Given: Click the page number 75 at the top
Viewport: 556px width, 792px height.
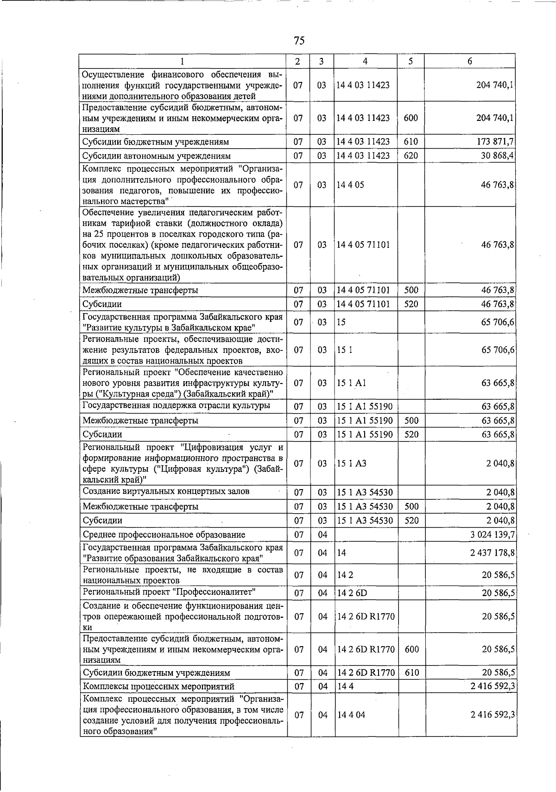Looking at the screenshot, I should [x=299, y=41].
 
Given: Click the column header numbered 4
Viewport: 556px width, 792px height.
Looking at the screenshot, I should [x=366, y=61].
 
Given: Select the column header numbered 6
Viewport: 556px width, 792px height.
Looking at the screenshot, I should [x=470, y=61].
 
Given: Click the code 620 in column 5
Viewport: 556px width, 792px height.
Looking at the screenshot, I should [x=411, y=156].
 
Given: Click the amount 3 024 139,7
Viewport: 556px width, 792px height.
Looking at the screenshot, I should [x=492, y=534].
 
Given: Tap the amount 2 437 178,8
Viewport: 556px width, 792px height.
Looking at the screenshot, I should [x=492, y=553].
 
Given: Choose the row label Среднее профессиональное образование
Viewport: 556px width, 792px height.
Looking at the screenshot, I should [x=164, y=534].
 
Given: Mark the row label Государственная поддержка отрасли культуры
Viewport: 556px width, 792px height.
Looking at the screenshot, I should [x=176, y=406].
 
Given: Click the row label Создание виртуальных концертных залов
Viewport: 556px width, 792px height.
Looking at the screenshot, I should [x=166, y=491].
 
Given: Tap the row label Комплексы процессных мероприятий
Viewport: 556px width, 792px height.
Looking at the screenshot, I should [x=158, y=686].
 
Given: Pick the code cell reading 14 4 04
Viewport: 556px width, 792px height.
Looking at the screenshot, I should [x=351, y=715].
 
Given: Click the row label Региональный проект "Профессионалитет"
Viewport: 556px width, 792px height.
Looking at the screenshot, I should [x=169, y=592].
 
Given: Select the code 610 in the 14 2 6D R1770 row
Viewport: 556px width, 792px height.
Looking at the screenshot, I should [x=411, y=673].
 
